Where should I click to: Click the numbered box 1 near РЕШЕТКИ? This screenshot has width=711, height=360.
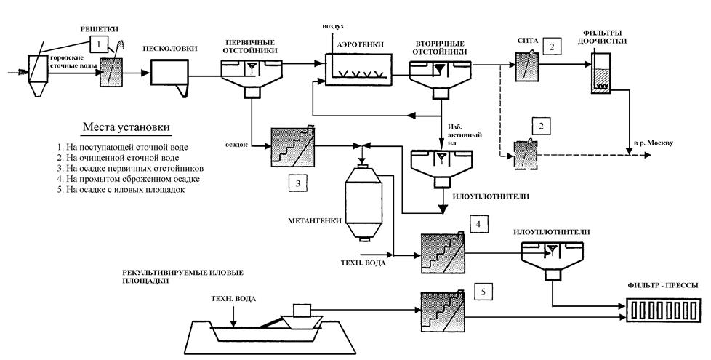point(98,44)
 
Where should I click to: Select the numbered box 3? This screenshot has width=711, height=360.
point(297,183)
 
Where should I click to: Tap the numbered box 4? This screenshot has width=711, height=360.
point(479,223)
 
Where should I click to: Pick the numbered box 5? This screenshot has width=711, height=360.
point(483,292)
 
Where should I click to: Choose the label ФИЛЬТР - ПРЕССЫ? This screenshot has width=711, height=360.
point(662,286)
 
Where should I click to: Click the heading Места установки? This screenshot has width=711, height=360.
point(126,127)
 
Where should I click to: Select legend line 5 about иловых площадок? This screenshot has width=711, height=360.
point(121,190)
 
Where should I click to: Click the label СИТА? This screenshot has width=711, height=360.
point(527,41)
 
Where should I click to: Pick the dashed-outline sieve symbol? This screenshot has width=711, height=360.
point(526,155)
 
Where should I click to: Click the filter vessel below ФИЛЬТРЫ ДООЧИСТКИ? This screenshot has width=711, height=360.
point(601,73)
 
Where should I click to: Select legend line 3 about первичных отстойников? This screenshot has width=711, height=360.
point(131,168)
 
